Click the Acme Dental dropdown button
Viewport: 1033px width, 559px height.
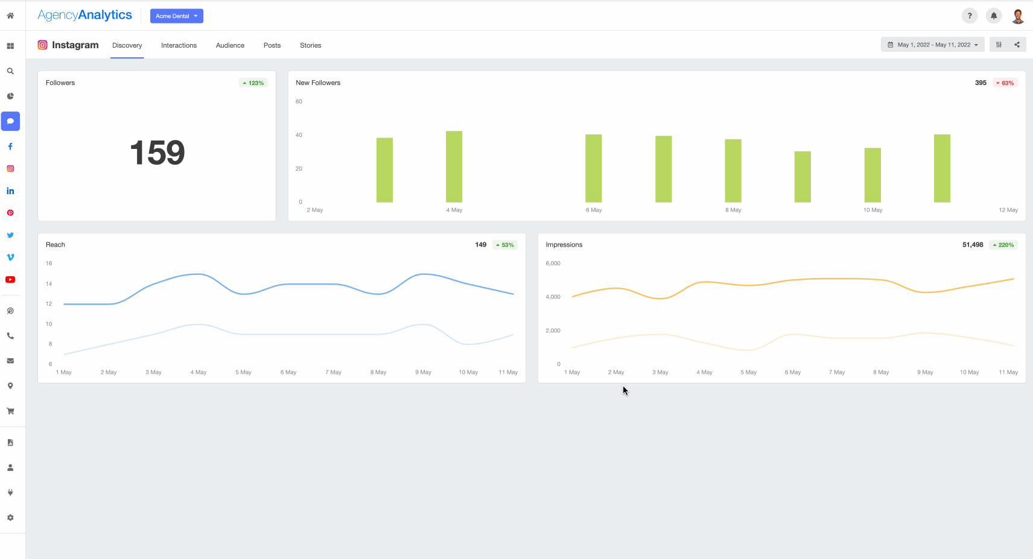point(176,16)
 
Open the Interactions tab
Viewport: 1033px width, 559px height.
point(179,45)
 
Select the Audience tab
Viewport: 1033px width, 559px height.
point(230,45)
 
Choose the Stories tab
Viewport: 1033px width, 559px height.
point(310,45)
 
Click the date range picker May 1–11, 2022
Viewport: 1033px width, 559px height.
point(932,45)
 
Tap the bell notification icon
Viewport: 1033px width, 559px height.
point(993,16)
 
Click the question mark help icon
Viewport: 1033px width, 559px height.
point(969,16)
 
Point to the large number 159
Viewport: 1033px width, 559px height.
point(157,153)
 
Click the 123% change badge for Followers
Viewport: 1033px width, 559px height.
point(253,83)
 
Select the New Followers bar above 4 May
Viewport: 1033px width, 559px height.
point(454,166)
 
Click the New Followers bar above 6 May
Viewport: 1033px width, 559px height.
point(593,168)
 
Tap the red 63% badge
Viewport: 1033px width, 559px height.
point(1005,83)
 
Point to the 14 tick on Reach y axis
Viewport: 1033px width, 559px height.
point(49,284)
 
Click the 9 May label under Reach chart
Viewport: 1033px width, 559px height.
point(423,373)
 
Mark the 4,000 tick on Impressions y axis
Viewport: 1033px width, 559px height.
point(553,297)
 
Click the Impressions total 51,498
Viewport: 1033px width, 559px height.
point(972,245)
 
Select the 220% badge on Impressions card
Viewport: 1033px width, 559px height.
point(1003,245)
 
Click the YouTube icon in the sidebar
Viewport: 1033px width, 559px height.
point(10,280)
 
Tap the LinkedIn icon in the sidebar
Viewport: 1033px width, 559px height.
point(10,191)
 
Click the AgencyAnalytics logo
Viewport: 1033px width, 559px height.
point(84,15)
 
